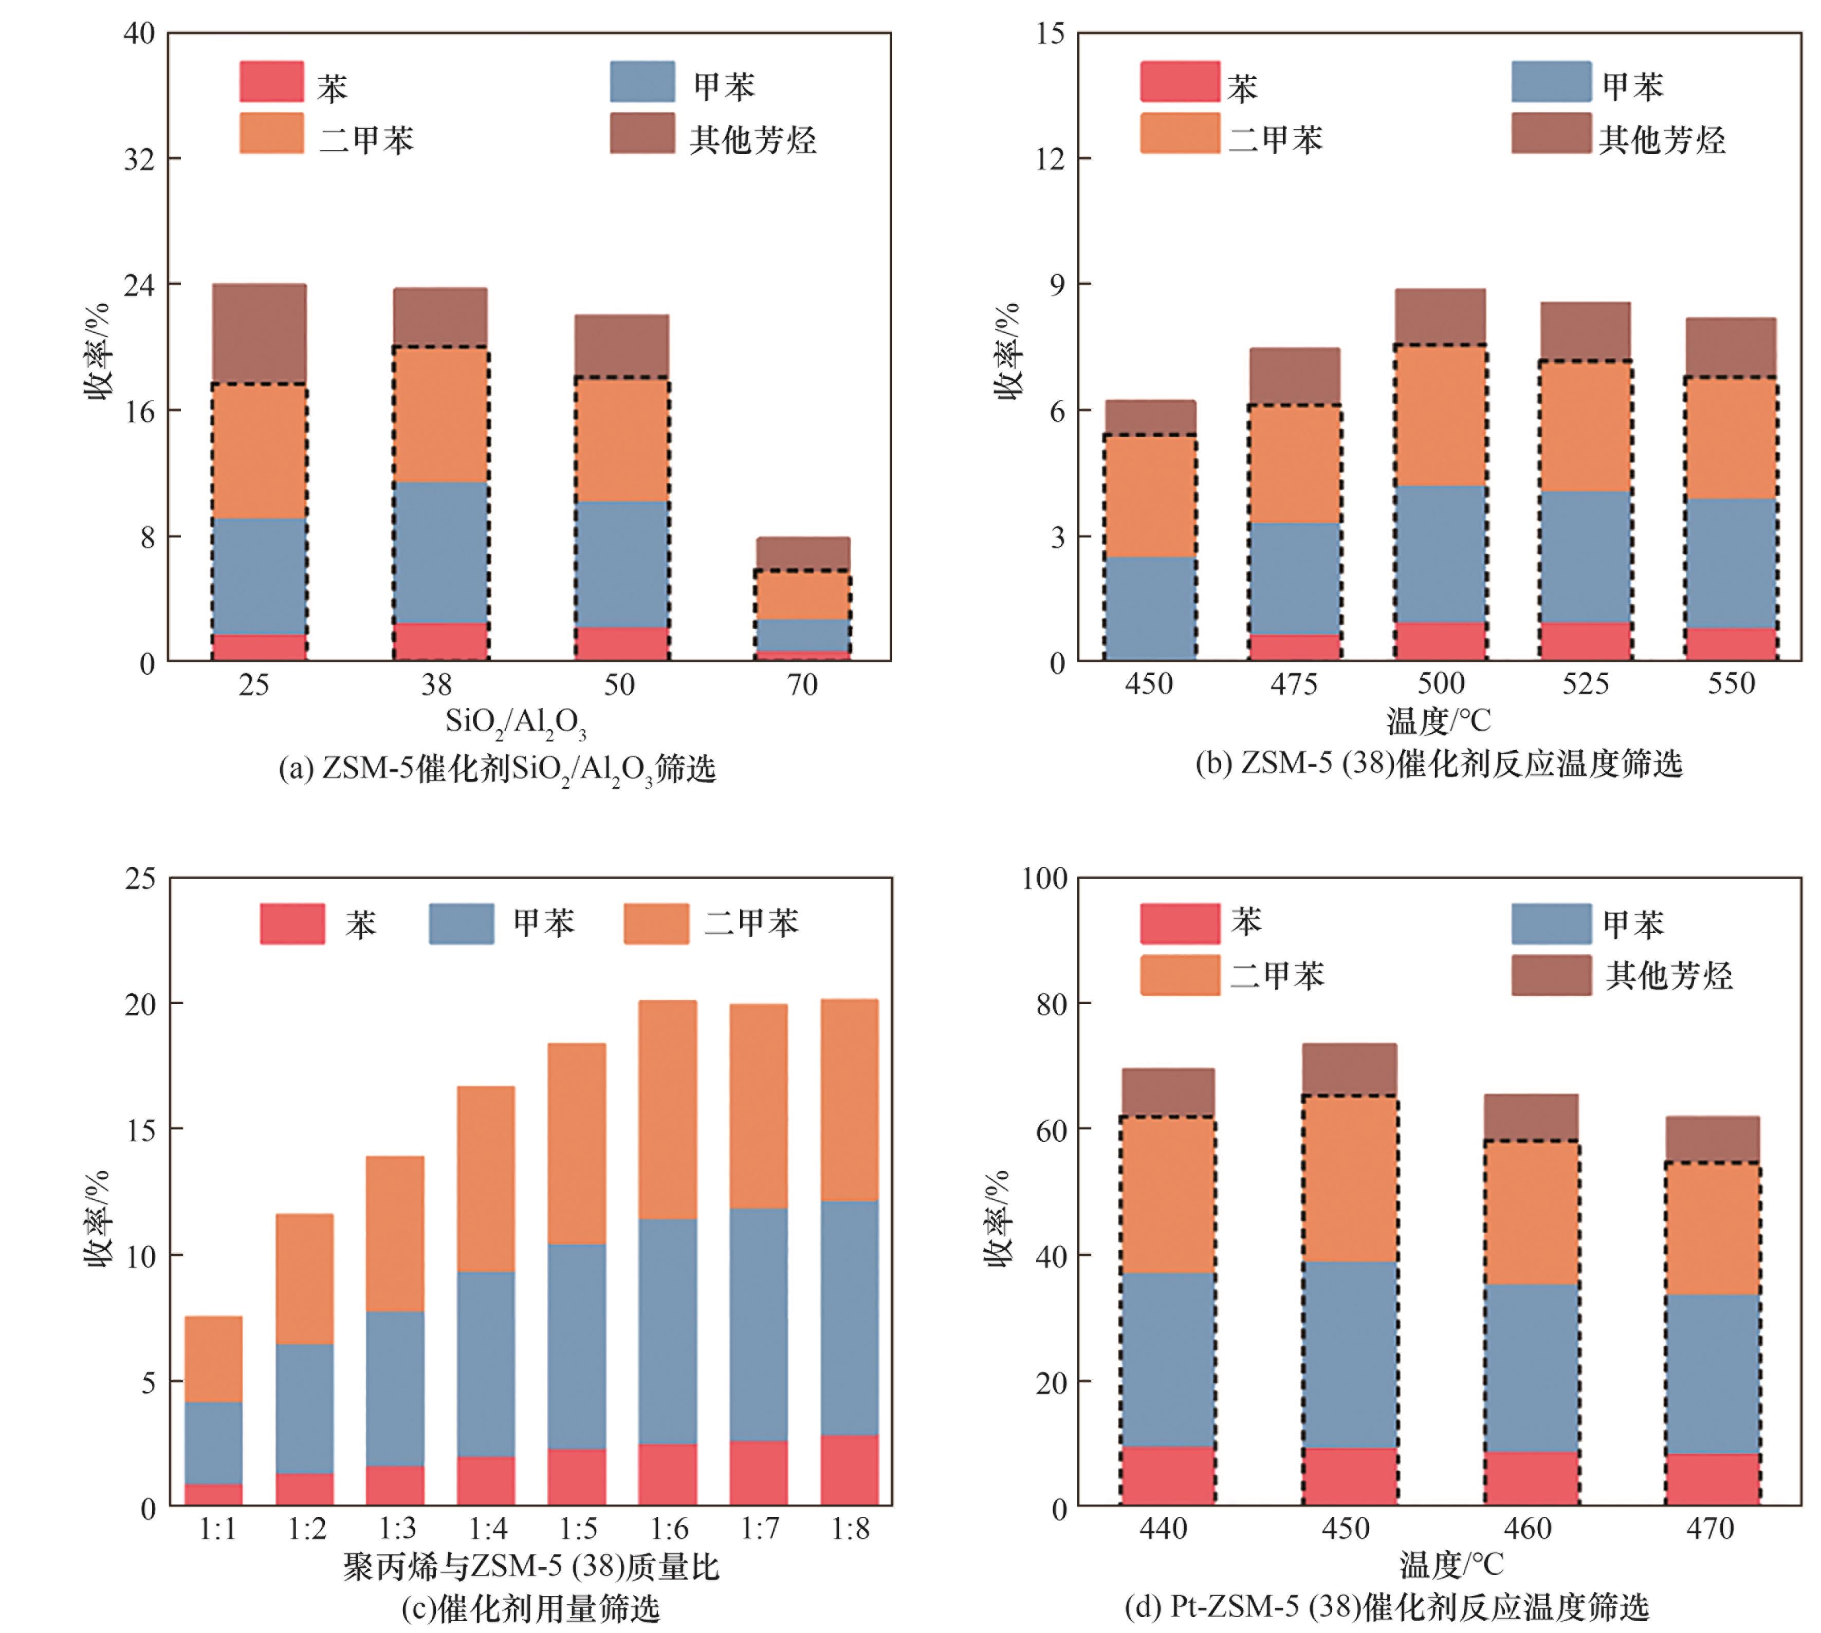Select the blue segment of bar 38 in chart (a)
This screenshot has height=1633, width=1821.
click(x=440, y=552)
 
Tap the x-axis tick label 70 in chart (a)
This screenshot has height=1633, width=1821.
click(x=802, y=685)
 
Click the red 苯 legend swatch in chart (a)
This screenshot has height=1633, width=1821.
click(x=271, y=82)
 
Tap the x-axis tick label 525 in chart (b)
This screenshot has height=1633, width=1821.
click(x=1585, y=684)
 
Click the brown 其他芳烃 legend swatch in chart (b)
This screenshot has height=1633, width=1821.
click(x=1550, y=133)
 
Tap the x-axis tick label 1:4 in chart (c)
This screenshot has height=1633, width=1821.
click(x=488, y=1529)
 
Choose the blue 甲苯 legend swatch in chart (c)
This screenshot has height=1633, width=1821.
click(x=462, y=923)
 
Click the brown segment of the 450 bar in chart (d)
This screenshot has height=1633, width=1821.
click(x=1349, y=1069)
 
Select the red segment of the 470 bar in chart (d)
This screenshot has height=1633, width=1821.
click(x=1712, y=1479)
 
